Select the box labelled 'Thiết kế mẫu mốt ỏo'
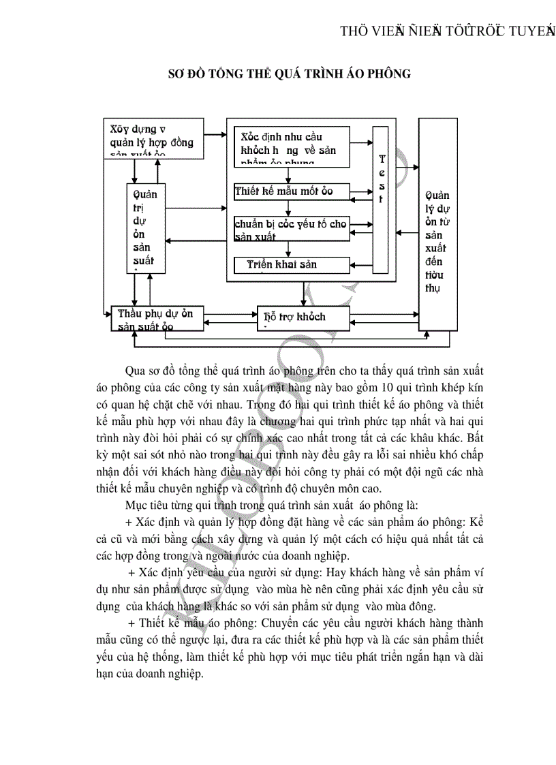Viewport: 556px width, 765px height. click(291, 191)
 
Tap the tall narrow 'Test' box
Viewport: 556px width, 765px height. click(381, 198)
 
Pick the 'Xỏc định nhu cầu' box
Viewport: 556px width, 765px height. click(291, 146)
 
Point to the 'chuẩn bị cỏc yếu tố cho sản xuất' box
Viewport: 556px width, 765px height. click(291, 228)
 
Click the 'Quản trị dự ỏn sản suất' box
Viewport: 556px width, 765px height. click(146, 228)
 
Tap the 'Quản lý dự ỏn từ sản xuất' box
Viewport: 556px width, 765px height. click(438, 224)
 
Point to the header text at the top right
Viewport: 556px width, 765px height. click(447, 30)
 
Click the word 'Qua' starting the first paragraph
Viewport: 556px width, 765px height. click(136, 371)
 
